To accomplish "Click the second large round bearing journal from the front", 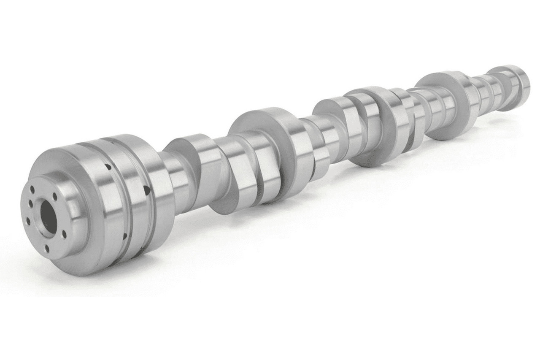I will [270, 139].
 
